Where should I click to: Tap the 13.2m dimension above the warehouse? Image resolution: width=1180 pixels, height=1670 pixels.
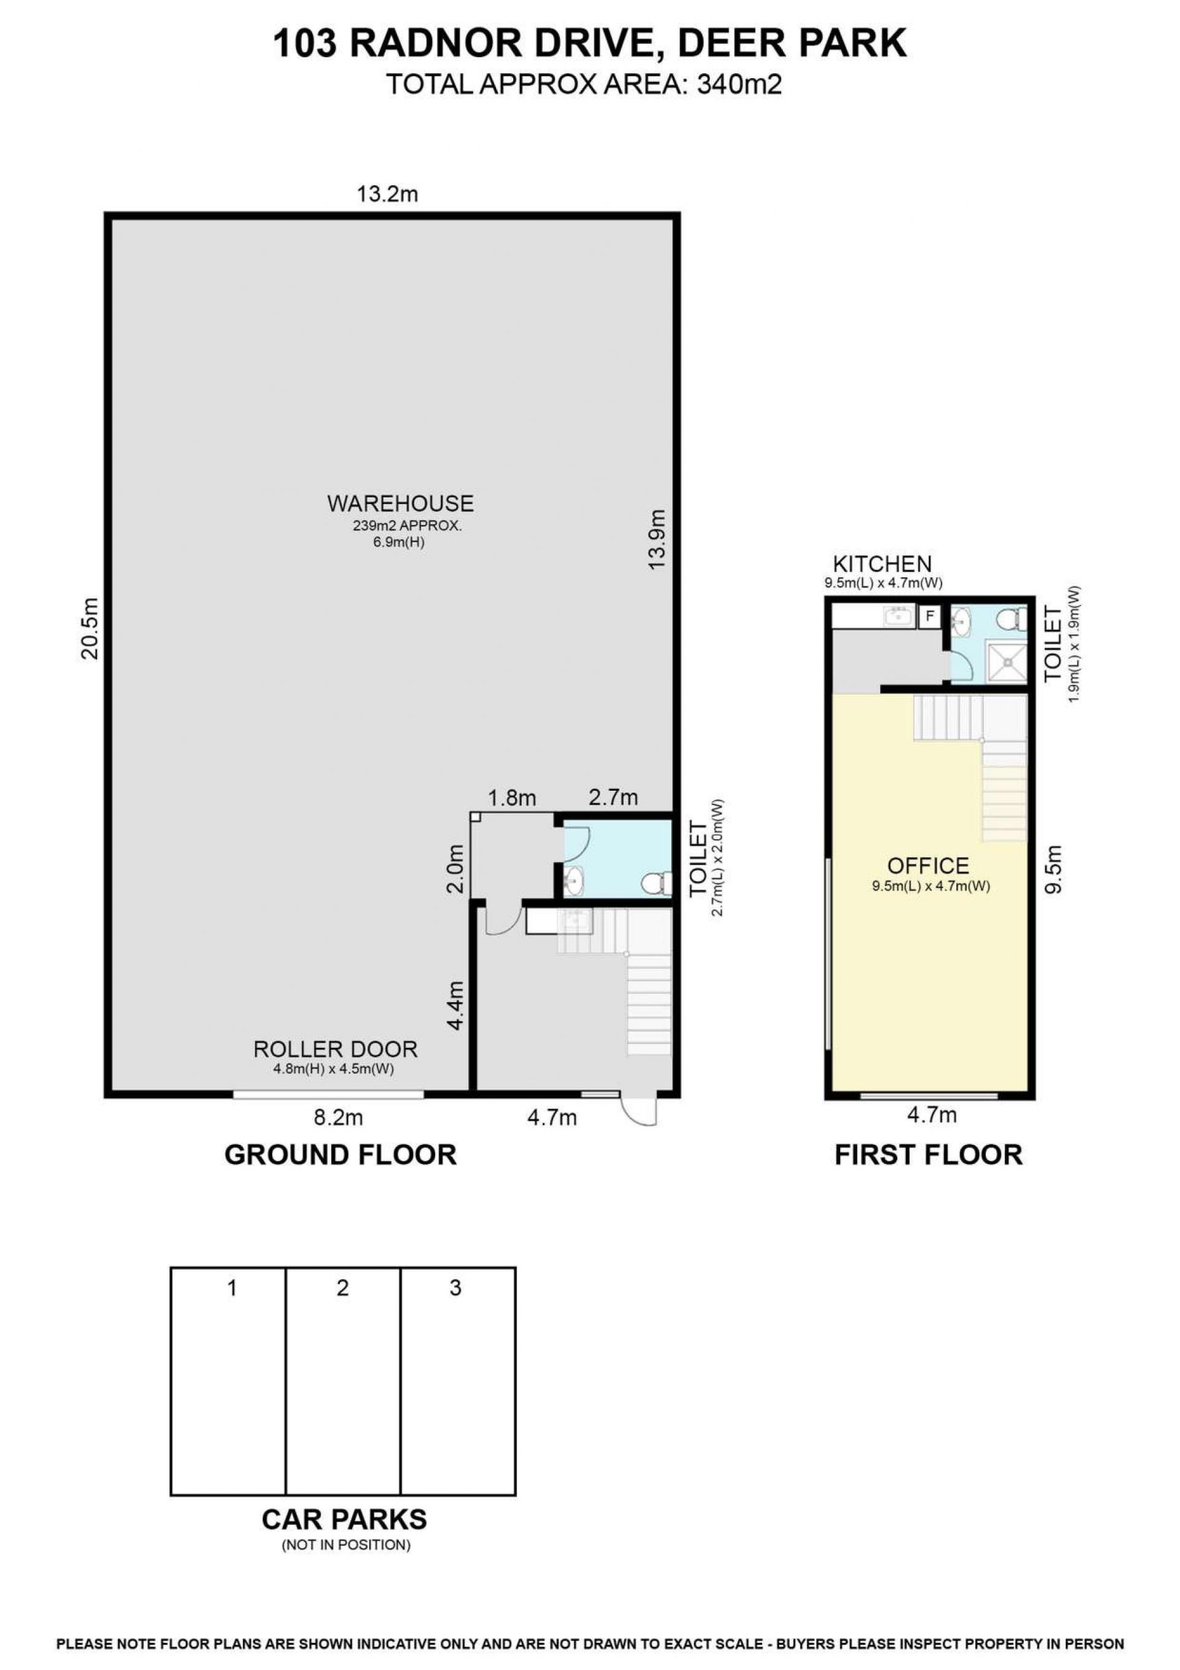click(x=387, y=194)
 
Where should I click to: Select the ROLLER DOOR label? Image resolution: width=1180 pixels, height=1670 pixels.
click(x=335, y=1049)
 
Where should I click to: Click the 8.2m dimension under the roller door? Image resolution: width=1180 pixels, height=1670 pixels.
click(x=338, y=1117)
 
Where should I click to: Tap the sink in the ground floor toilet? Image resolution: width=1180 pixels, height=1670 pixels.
click(x=573, y=882)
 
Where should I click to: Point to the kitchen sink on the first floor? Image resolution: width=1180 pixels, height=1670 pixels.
click(x=899, y=617)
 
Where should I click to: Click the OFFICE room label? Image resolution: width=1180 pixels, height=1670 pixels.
click(x=929, y=866)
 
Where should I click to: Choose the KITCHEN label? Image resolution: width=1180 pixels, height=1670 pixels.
click(x=882, y=563)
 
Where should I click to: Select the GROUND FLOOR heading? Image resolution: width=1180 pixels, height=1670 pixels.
click(x=340, y=1154)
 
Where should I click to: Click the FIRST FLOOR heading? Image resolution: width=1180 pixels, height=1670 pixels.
click(x=929, y=1154)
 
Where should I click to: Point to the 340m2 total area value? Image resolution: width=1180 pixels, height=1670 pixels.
click(x=739, y=85)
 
